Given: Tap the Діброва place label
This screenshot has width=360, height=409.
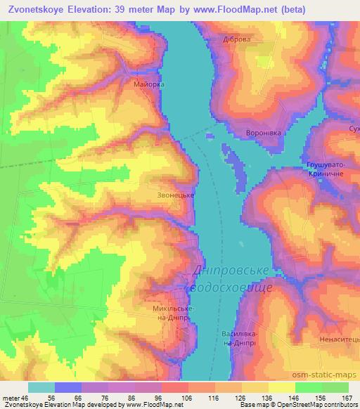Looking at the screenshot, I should pyautogui.click(x=236, y=40).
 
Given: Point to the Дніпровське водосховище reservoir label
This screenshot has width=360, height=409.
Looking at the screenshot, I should pyautogui.click(x=233, y=280).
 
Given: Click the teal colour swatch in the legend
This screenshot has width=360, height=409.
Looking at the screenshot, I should pyautogui.click(x=41, y=387).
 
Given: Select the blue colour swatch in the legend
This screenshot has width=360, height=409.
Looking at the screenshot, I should pyautogui.click(x=68, y=387).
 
